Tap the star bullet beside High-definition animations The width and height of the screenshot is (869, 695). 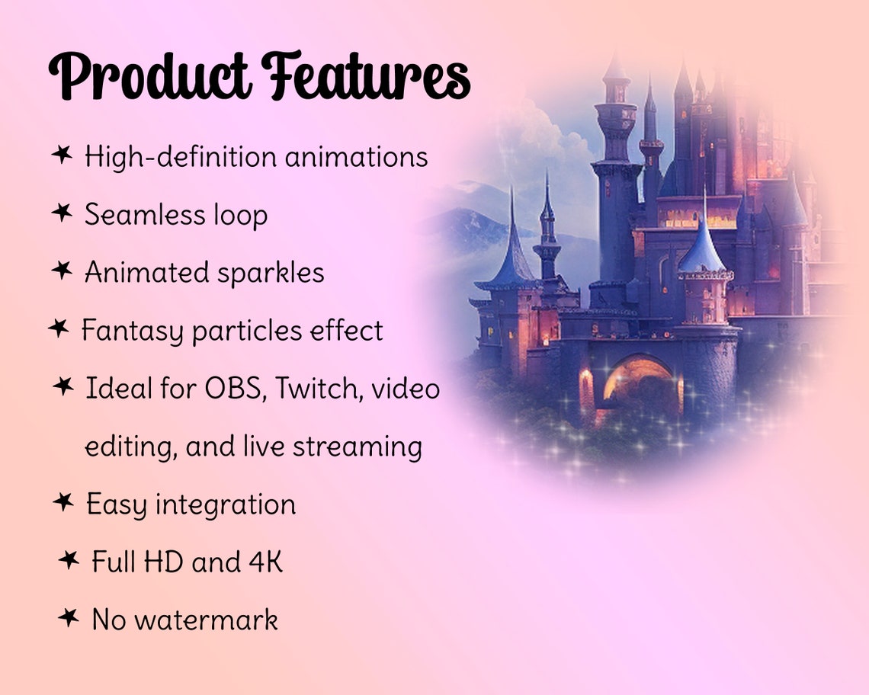click(x=62, y=155)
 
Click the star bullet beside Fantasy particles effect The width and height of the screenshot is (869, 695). click(x=58, y=329)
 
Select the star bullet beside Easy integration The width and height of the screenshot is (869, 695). click(x=63, y=501)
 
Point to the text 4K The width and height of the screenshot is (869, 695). click(x=265, y=562)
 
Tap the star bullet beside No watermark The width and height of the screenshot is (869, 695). click(x=69, y=617)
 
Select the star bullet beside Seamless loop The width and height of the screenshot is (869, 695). click(x=62, y=213)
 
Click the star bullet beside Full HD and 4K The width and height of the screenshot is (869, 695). click(x=69, y=560)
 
